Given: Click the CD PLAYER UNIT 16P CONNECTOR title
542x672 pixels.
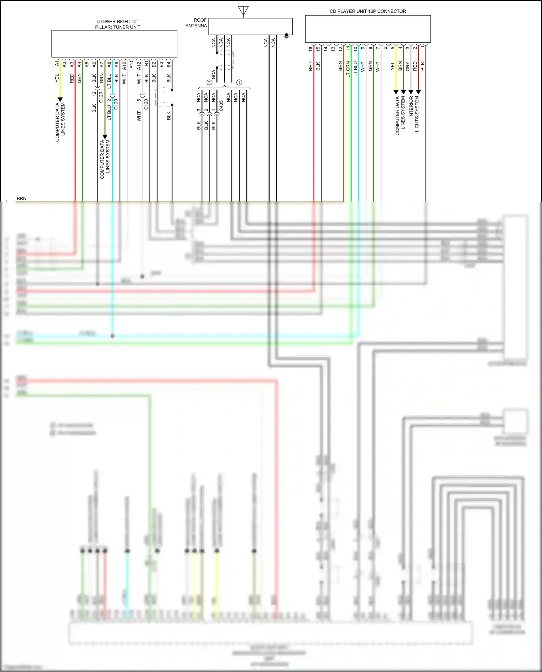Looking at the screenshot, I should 367,11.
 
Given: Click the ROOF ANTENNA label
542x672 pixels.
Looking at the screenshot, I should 196,23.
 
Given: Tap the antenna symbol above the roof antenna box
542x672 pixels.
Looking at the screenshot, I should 243,11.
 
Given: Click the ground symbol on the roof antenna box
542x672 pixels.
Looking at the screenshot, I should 287,36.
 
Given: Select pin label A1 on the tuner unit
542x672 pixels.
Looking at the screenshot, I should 57,64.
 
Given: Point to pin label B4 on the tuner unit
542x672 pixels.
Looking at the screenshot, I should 169,64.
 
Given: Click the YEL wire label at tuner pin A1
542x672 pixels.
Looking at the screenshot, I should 57,78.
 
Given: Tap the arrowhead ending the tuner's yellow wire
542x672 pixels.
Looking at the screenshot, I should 60,99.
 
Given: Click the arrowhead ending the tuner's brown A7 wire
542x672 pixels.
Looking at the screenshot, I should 105,137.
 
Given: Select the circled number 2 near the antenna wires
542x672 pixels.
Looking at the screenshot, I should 209,83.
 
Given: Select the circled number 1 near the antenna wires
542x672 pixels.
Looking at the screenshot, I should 239,83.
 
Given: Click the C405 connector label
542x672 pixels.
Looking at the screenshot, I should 221,106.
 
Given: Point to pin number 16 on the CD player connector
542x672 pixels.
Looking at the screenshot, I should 310,49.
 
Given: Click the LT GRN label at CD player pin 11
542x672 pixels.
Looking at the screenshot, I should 348,69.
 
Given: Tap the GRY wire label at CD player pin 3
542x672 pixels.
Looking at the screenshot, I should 408,66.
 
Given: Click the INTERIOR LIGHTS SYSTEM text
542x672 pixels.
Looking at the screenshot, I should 414,113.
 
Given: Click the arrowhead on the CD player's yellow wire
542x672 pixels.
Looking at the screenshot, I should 396,92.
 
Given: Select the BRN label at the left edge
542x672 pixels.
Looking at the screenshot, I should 21,199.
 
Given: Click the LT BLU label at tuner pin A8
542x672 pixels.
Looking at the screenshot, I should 109,81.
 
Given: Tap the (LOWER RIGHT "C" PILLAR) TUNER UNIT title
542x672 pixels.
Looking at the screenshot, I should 117,24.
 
